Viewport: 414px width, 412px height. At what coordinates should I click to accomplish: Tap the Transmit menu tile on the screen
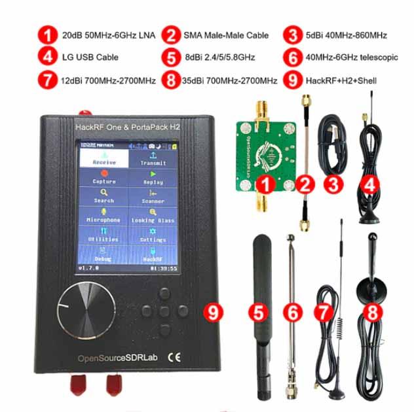[153, 158]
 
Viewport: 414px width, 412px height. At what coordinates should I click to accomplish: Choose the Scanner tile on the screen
[153, 197]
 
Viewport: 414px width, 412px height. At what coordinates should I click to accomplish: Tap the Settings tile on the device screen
[153, 235]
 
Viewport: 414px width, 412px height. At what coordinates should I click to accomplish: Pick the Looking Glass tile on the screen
[153, 216]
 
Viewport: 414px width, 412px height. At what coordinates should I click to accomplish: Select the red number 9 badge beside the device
[211, 313]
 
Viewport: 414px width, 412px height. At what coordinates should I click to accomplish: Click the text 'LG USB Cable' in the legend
[89, 58]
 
